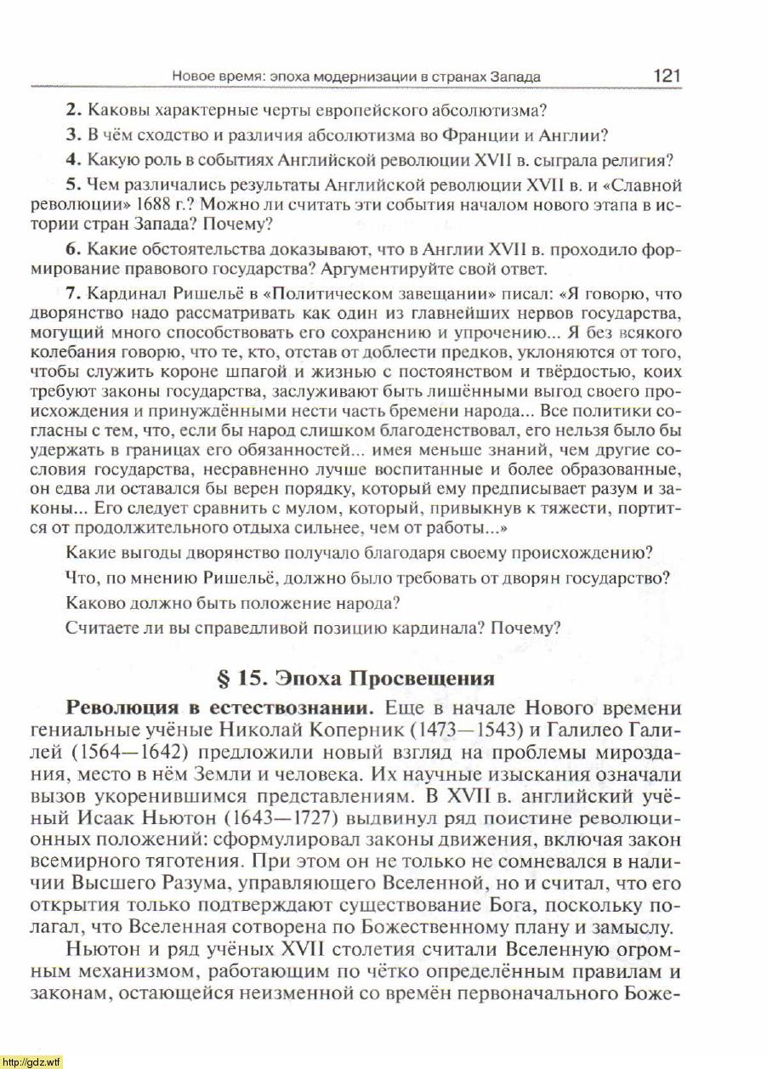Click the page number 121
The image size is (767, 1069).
click(x=667, y=75)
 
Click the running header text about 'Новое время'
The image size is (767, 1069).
click(x=356, y=77)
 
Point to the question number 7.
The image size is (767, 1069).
click(x=72, y=294)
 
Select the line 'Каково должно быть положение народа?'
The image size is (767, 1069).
click(x=232, y=605)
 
